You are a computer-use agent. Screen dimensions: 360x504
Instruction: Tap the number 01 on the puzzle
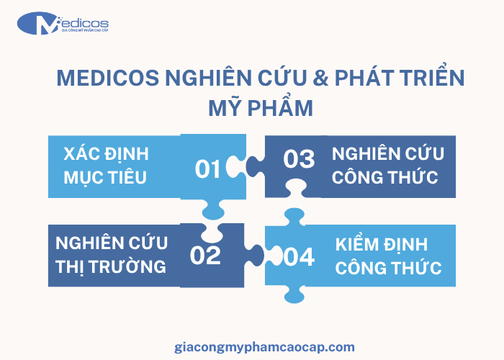(208, 169)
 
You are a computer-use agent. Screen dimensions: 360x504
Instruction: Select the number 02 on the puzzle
(205, 256)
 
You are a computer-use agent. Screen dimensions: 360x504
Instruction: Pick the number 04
(300, 256)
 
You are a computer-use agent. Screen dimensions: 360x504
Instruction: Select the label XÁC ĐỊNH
(106, 154)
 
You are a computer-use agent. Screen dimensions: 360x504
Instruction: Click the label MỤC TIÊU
(105, 177)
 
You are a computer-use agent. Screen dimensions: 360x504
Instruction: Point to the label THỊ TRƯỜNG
(111, 266)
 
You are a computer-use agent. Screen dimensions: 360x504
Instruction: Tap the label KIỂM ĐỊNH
(382, 244)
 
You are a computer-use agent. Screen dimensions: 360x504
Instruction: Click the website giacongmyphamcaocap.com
(265, 346)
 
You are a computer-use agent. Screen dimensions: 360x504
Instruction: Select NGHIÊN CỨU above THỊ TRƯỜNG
(111, 243)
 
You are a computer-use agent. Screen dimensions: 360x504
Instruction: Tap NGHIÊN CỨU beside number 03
(388, 153)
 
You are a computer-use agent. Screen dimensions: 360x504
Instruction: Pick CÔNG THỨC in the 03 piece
(387, 177)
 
